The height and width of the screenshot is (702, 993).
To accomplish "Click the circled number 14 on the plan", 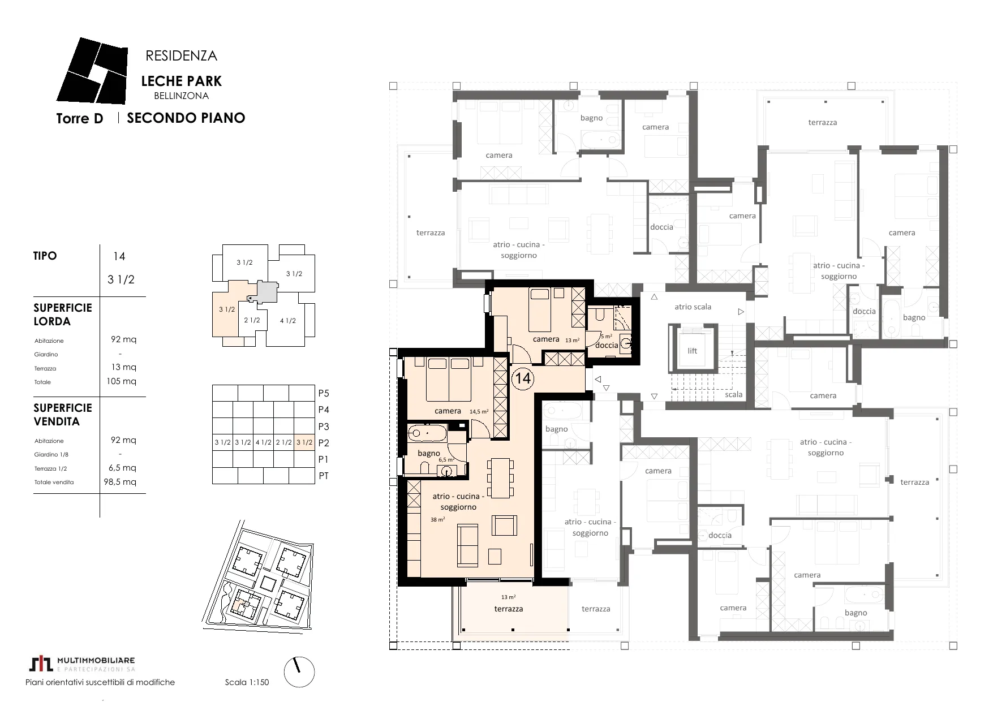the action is coord(523,377).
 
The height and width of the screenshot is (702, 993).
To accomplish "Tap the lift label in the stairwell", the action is coord(693,351).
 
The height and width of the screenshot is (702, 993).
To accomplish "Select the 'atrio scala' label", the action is coord(693,307).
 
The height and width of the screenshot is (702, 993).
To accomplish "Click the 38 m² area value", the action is coord(437,519).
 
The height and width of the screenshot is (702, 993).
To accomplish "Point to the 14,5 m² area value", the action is coord(479,412).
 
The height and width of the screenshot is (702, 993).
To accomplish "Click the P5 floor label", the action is coord(324,393).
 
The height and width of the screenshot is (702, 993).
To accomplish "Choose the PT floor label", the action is coord(324,476).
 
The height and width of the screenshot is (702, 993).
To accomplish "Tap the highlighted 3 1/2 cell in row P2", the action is coord(304,442).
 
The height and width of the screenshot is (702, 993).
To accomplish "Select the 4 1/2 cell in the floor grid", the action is coord(263,442).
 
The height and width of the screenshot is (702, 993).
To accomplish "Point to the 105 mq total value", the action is coord(121,381).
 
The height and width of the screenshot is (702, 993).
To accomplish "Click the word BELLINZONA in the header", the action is coord(181,96).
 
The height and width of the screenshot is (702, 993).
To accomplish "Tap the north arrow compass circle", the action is coord(299,673).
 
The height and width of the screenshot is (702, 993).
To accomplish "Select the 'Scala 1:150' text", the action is coord(247,682).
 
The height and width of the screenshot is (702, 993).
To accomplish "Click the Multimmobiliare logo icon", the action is coord(41,664).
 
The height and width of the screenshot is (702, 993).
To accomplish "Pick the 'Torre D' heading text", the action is coord(80,119).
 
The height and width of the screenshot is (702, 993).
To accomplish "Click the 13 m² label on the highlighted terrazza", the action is coord(508,597).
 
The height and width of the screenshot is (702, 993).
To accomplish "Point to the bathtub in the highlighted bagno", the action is coord(427,434).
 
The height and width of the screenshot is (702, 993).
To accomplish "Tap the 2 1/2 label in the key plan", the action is coord(252,320).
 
